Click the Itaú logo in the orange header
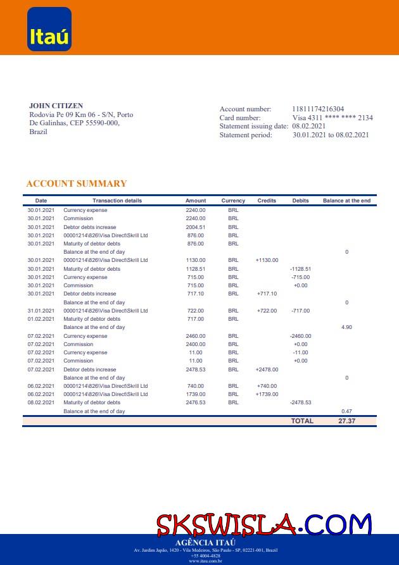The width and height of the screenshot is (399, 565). pos(49,29)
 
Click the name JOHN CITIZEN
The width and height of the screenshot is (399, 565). pos(56,106)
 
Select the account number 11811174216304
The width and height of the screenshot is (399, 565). pos(318,109)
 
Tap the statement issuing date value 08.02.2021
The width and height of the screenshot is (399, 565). pos(308,127)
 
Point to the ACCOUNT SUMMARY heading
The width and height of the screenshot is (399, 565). pos(77,184)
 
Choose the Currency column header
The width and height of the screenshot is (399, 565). pos(233,201)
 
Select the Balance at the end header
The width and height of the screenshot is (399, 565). pos(346,201)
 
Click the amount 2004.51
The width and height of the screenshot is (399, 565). pos(196,227)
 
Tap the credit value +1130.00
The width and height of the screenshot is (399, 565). pos(267,260)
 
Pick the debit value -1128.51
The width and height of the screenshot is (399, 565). pos(300,269)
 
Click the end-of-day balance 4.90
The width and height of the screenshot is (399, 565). pos(346,328)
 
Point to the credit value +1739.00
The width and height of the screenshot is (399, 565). pos(267,394)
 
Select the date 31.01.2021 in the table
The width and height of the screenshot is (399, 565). pos(41,311)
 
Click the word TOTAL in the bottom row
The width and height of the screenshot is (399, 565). pos(302,421)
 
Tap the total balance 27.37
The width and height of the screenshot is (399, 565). pos(346,421)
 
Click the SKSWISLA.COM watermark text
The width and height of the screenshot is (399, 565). pos(263,525)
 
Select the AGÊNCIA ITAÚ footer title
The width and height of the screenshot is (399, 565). pos(205,543)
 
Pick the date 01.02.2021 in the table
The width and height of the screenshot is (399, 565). pos(41,319)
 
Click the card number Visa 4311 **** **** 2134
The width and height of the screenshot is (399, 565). pos(332,118)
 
